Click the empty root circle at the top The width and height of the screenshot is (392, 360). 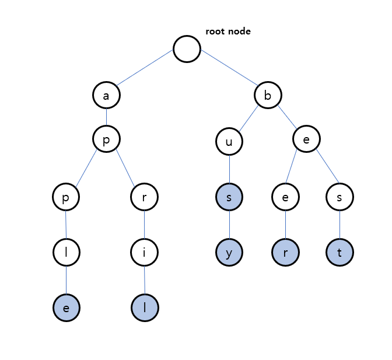[x=187, y=49]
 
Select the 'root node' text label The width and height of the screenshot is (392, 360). [x=228, y=32]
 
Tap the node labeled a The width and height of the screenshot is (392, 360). [x=106, y=95]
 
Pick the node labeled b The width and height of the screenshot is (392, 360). [x=268, y=95]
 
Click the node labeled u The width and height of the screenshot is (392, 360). [x=229, y=141]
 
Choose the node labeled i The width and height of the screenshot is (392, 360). [x=144, y=253]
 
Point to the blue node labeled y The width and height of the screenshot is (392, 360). [x=229, y=253]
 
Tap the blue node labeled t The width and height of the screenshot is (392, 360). [x=339, y=253]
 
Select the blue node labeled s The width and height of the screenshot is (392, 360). [x=229, y=197]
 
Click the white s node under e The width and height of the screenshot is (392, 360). [x=339, y=197]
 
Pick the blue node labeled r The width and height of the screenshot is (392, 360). [x=285, y=253]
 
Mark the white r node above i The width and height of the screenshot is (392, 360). [x=144, y=197]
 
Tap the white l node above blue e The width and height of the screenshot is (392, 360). [x=66, y=253]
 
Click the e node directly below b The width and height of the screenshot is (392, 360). [x=306, y=141]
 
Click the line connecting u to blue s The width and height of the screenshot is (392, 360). [x=229, y=169]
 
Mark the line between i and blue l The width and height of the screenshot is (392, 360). [x=145, y=281]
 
